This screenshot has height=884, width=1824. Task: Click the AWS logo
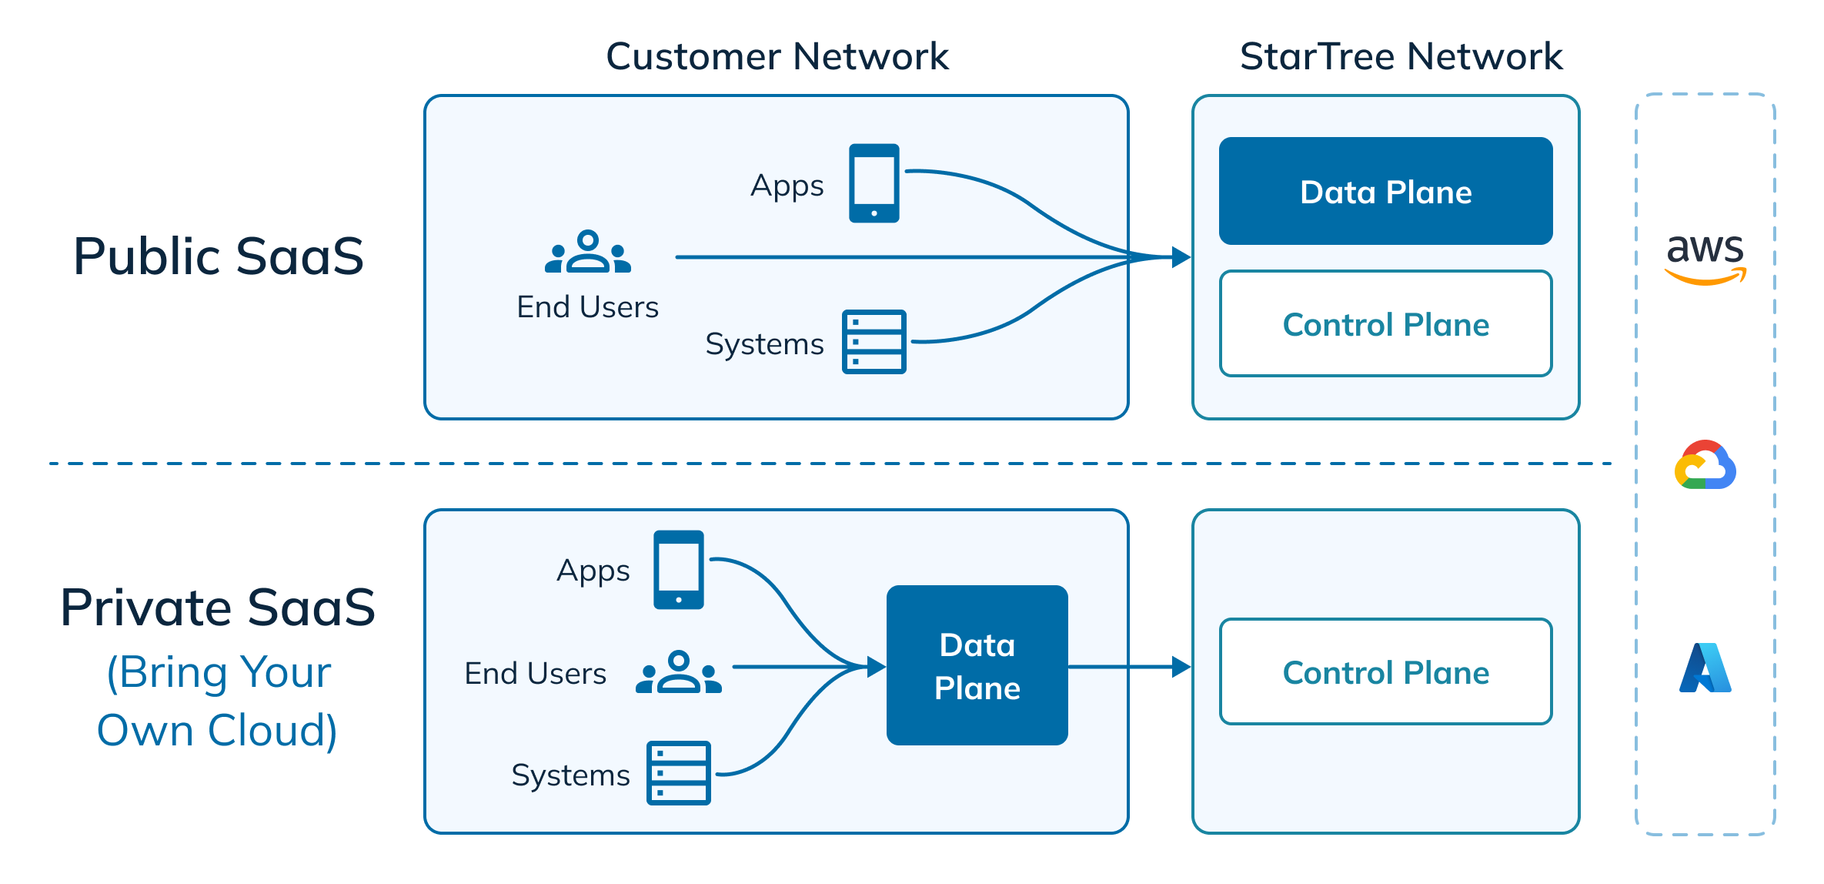(x=1705, y=258)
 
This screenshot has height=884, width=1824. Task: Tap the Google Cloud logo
(x=1705, y=465)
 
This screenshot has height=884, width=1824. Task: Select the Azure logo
(x=1705, y=668)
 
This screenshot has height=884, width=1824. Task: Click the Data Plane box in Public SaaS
(x=1385, y=191)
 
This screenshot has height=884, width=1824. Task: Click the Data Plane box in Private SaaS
(x=977, y=665)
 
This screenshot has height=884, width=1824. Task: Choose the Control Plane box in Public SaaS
(x=1385, y=324)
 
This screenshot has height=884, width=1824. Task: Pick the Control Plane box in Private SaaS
(x=1385, y=672)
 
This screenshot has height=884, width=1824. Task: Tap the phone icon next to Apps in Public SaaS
(x=874, y=183)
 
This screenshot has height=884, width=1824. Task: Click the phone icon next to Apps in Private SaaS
(x=678, y=570)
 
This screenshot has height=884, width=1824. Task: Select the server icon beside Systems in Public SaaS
(x=874, y=342)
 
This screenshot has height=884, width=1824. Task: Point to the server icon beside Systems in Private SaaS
(x=678, y=773)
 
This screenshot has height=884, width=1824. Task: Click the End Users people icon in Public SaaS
(x=587, y=253)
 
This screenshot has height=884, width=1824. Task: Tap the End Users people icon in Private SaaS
(x=678, y=673)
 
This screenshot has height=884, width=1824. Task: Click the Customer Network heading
(x=777, y=56)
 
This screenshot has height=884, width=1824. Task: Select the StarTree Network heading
(x=1401, y=56)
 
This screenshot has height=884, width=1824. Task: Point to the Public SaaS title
(x=219, y=256)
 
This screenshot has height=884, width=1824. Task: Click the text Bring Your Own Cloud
(x=219, y=701)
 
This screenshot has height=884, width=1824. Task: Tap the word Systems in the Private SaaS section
(x=570, y=775)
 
